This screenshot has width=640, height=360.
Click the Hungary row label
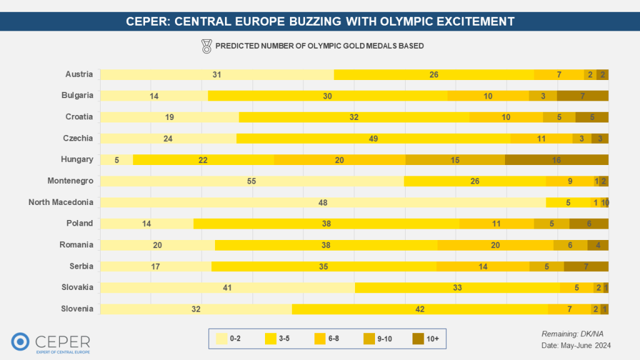click(x=79, y=159)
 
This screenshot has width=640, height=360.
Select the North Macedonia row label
click(x=61, y=202)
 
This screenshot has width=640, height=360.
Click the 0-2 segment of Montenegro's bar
click(x=252, y=181)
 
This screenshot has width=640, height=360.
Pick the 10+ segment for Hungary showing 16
click(x=556, y=160)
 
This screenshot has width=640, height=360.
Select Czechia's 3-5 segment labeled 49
click(x=373, y=139)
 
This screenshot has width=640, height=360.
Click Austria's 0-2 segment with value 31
click(x=217, y=74)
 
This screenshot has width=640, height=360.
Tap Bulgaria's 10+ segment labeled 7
click(x=582, y=96)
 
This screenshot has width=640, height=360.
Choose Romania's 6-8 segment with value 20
click(x=495, y=245)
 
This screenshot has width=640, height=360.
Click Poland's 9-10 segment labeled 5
click(x=551, y=224)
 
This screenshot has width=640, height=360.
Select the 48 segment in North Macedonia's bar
click(x=323, y=202)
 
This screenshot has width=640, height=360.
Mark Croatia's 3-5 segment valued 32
click(x=354, y=117)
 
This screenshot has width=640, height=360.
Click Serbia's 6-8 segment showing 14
click(x=482, y=266)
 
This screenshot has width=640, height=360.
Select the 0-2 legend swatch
click(x=221, y=339)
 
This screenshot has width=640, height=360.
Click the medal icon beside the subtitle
click(x=206, y=46)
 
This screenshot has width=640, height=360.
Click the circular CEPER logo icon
click(x=21, y=341)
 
